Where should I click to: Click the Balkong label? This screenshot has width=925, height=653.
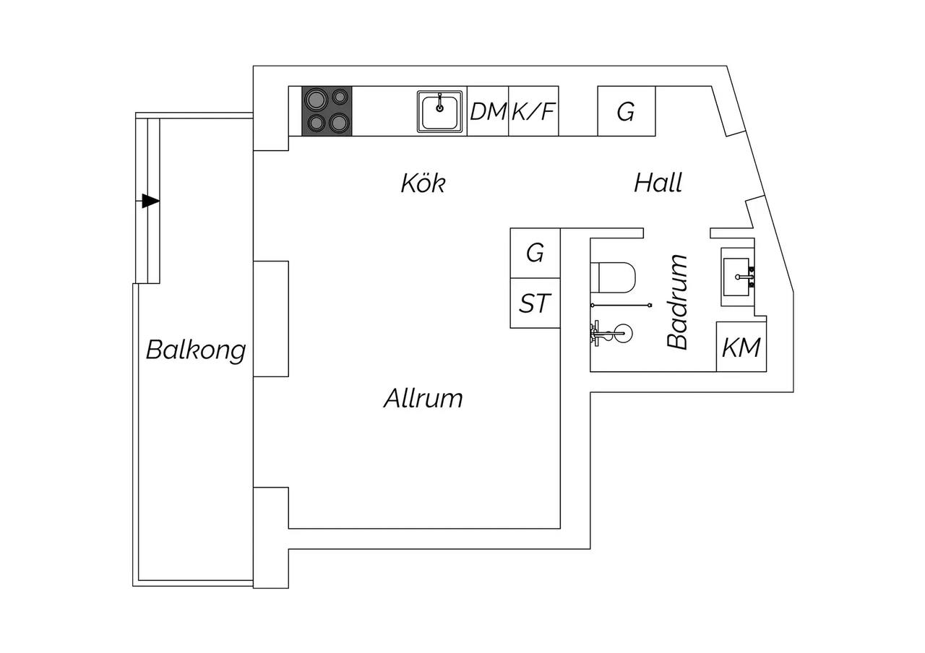[196, 350]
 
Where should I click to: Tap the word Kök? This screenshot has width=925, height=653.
[423, 183]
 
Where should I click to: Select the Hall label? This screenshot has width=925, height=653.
[658, 183]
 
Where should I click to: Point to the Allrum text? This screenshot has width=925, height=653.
[423, 398]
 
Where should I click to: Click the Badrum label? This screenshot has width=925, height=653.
[677, 302]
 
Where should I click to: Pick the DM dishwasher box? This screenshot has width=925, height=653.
[488, 111]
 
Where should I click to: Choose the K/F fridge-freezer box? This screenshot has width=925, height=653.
[533, 111]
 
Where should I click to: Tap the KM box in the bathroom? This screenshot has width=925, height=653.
[741, 347]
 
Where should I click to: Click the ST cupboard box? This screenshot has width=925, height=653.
[535, 303]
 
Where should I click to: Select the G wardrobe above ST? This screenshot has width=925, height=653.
[535, 253]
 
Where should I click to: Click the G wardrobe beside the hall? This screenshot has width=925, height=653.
[627, 111]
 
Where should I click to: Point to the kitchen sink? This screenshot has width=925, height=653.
[440, 111]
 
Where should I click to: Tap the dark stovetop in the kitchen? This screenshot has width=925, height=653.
[327, 111]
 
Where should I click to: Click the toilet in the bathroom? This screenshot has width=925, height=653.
[613, 278]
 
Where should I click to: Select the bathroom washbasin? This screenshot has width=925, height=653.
[738, 277]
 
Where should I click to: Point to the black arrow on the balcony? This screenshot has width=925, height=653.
[150, 201]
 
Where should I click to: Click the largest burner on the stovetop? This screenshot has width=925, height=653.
[316, 99]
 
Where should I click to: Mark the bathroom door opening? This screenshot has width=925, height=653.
[677, 233]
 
